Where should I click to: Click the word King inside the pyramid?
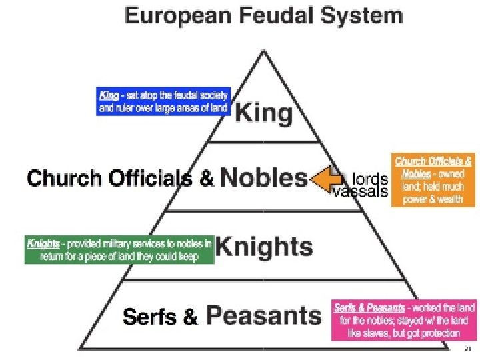(x=263, y=113)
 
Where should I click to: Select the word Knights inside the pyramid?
(x=264, y=247)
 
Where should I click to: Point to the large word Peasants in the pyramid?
(x=263, y=316)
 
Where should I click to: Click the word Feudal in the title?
(x=268, y=15)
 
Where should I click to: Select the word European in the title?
(x=173, y=15)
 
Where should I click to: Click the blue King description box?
(x=164, y=101)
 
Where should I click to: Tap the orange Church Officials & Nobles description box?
(x=433, y=180)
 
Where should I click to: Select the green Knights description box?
(x=119, y=250)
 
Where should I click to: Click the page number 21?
(x=467, y=349)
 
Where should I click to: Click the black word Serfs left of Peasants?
(x=151, y=318)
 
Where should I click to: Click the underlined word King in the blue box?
(x=109, y=96)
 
